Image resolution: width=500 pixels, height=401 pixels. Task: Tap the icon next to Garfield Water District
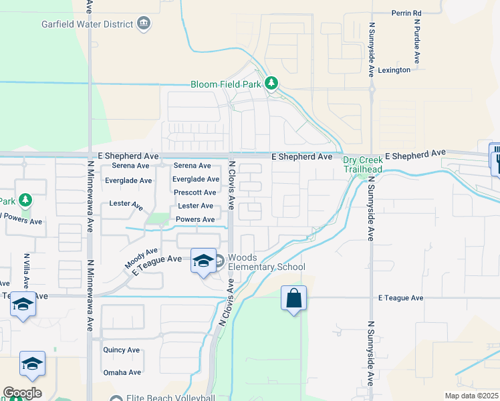click(x=143, y=25)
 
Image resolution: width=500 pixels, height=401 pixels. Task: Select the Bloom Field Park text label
click(x=226, y=84)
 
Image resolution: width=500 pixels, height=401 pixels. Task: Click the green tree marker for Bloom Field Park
click(x=271, y=84)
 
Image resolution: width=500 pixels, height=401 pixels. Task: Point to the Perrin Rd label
click(x=407, y=13)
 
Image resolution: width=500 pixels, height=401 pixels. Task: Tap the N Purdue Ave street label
click(x=416, y=41)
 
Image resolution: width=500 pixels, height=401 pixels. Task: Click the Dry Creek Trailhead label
click(x=363, y=164)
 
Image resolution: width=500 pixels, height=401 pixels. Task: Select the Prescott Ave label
click(x=194, y=192)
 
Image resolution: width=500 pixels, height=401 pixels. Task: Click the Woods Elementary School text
click(x=267, y=263)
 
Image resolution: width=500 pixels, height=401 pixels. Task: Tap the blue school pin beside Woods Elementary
click(x=203, y=260)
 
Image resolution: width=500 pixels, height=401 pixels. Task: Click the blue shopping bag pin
click(x=293, y=298)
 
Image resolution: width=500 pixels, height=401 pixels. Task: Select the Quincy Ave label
click(x=121, y=350)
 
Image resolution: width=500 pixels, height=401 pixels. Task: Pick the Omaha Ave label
click(x=122, y=372)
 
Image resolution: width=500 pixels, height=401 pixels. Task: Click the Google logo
click(x=22, y=393)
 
